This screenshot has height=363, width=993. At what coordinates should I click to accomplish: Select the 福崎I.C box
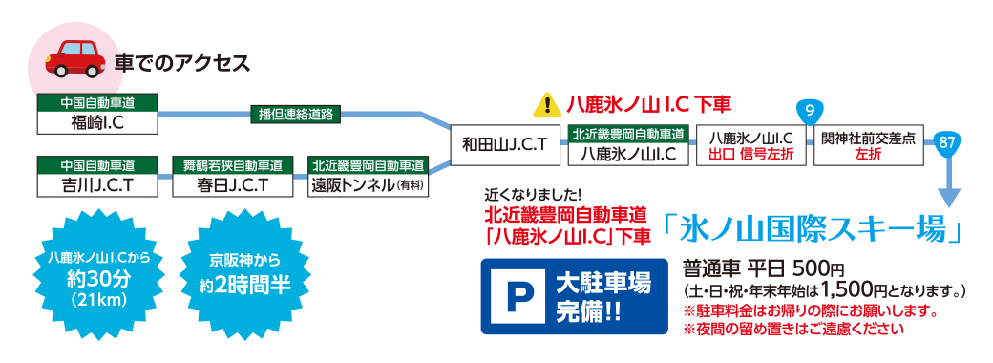point(97,122)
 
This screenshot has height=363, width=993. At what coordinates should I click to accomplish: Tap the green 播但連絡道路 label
point(295,114)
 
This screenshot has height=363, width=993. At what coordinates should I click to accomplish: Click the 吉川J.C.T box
point(97,182)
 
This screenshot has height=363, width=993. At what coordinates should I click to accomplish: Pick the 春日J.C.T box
point(233,182)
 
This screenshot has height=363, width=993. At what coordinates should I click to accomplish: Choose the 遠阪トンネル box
point(369,182)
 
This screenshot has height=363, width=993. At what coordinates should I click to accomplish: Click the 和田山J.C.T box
point(504,145)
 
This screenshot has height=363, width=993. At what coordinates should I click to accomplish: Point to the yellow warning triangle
point(547,103)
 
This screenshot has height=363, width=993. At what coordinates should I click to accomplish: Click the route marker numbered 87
point(947,141)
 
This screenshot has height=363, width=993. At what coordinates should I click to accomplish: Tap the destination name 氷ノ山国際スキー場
point(811,228)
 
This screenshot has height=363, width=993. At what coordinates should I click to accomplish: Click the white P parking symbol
point(515,295)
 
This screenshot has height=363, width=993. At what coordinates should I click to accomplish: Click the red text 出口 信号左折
point(750,153)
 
